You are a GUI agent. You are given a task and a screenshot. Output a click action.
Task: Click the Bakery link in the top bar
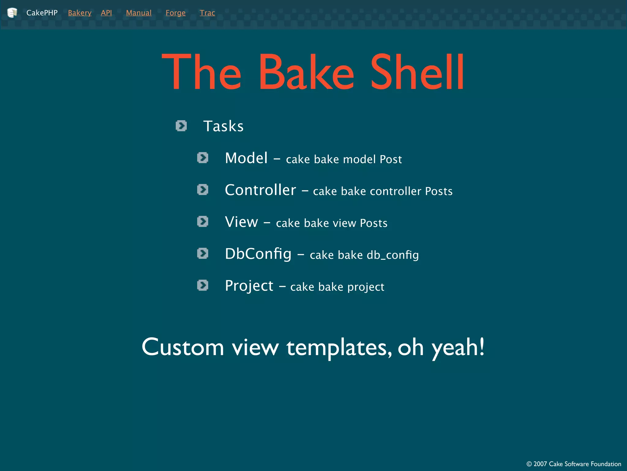(x=80, y=13)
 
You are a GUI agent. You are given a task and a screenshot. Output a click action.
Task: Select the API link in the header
(x=106, y=13)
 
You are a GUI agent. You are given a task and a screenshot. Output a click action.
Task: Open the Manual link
(x=139, y=13)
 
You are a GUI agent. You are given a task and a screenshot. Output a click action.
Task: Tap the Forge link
(x=175, y=13)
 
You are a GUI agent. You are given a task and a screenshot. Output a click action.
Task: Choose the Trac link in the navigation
(x=207, y=13)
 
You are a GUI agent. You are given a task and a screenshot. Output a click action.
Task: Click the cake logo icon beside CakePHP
(x=12, y=13)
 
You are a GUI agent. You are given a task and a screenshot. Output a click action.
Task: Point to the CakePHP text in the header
(x=42, y=13)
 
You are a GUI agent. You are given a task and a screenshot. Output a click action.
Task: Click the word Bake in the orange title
(x=306, y=72)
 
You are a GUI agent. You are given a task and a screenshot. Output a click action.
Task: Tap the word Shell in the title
(x=417, y=72)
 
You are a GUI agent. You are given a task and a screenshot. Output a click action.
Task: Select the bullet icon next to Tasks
(x=181, y=126)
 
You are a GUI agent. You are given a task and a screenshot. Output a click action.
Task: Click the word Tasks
(x=223, y=126)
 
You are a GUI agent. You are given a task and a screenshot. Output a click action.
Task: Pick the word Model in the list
(x=246, y=158)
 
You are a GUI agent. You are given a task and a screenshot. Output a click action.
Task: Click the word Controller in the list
(x=260, y=190)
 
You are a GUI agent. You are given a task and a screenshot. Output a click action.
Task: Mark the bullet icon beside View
(x=203, y=221)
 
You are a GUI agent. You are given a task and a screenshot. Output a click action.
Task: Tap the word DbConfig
(x=258, y=254)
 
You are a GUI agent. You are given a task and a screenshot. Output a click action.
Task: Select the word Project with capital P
(x=249, y=286)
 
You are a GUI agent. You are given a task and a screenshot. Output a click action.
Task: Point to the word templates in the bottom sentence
(x=339, y=347)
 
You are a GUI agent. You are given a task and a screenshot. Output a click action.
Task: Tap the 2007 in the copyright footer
(x=540, y=464)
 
